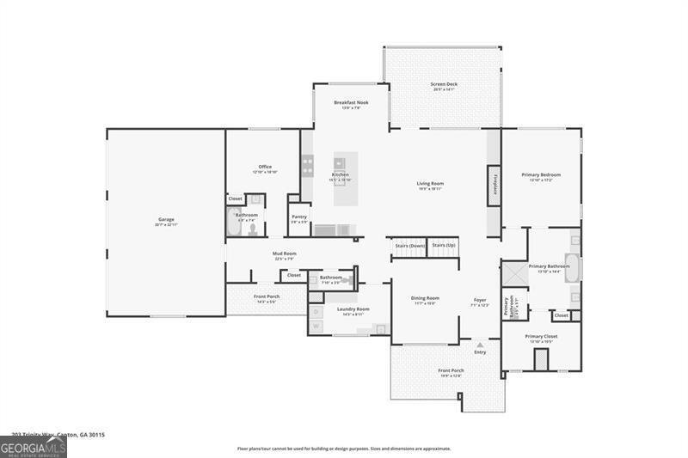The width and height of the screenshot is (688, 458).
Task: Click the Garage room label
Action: pyautogui.click(x=166, y=220)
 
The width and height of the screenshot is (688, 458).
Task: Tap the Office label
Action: pyautogui.click(x=265, y=167)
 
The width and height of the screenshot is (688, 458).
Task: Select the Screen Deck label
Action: pyautogui.click(x=444, y=84)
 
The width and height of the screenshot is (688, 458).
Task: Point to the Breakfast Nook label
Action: pyautogui.click(x=351, y=102)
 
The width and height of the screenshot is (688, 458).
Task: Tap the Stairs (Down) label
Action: pyautogui.click(x=410, y=245)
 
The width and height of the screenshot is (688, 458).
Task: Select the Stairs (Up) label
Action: pyautogui.click(x=444, y=245)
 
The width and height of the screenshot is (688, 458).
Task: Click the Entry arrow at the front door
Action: pyautogui.click(x=480, y=345)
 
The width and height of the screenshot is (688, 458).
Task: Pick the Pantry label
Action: pyautogui.click(x=298, y=217)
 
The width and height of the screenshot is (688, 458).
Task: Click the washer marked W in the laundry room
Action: pyautogui.click(x=316, y=326)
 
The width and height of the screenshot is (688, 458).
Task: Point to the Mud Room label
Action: pyautogui.click(x=285, y=253)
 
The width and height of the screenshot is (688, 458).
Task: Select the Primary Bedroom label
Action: pyautogui.click(x=541, y=175)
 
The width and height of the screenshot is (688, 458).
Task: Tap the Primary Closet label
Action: pyautogui.click(x=541, y=336)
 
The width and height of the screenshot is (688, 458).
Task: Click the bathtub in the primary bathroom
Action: pyautogui.click(x=572, y=268)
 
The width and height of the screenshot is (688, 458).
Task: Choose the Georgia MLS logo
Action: pyautogui.click(x=34, y=448)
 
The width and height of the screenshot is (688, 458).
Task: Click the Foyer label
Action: pyautogui.click(x=479, y=300)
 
